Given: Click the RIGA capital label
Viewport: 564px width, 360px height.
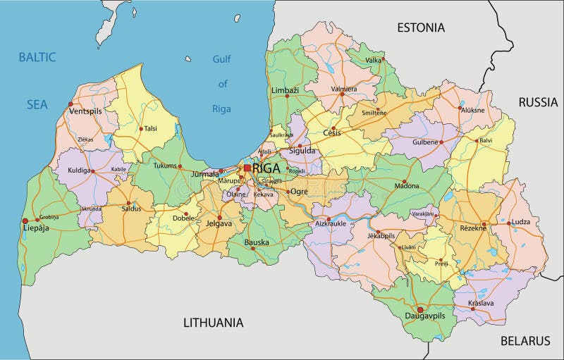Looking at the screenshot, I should pos(266,168).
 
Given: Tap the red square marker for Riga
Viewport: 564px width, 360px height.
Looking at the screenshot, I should pos(247,168).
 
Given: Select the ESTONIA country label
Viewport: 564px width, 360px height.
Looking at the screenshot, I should pos(421,28).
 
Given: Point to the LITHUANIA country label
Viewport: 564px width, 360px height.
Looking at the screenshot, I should pos(213,323).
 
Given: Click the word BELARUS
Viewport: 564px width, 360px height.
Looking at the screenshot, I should pos(525,341).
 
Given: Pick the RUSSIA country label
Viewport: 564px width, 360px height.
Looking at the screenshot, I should pos(538,102).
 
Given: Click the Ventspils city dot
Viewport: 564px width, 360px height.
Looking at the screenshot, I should pos(70,104).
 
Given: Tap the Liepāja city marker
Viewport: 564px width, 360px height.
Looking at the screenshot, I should pos(25,221).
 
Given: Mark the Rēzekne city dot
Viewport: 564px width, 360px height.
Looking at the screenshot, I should pos(484,225).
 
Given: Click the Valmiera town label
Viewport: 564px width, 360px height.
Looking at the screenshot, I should pos(345,89).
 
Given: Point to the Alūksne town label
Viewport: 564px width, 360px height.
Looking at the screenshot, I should pos(472,109).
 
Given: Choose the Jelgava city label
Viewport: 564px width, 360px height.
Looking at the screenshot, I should pos(220,225).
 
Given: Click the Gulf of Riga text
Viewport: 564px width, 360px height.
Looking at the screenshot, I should pos(222,84).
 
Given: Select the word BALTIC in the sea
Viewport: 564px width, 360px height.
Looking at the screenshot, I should pos(37,56).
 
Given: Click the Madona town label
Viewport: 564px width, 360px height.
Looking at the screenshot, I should pos(406,186).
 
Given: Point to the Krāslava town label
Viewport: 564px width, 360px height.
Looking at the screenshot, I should pos(482,304).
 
